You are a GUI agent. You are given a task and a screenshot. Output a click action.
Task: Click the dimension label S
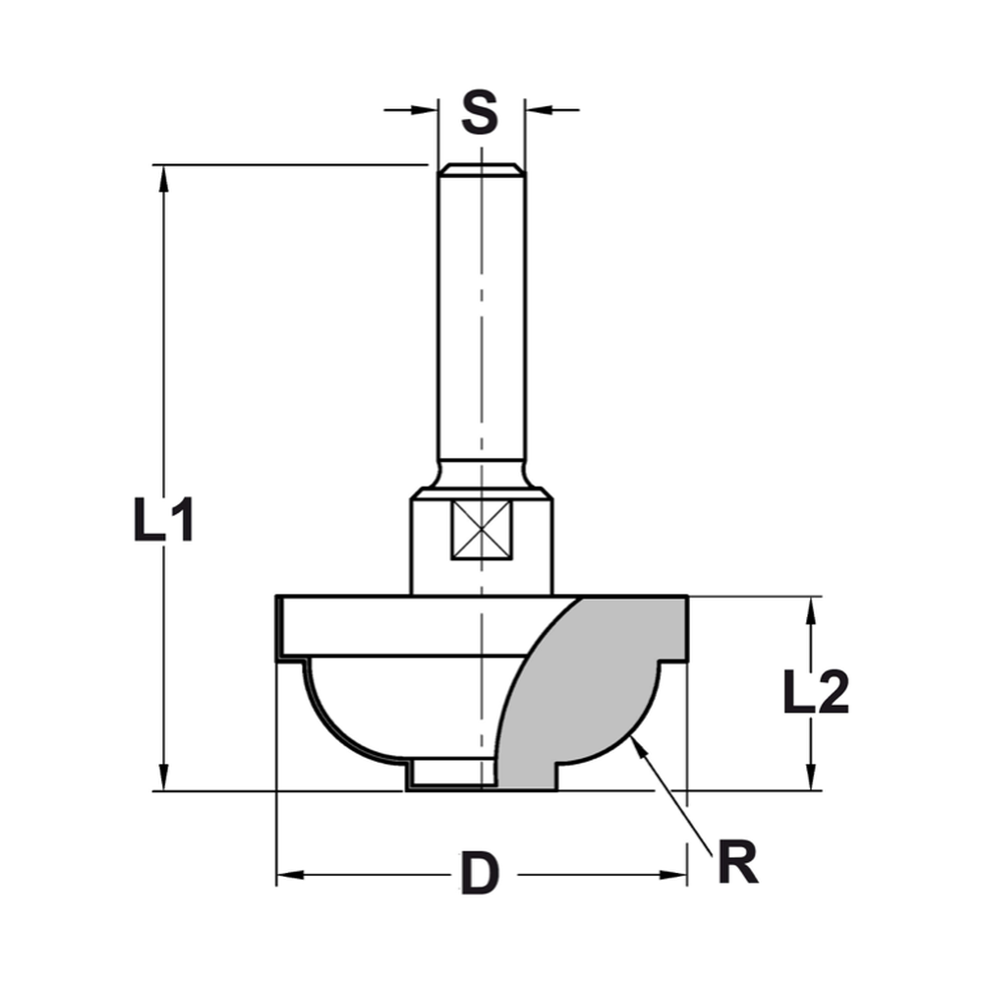(x=479, y=114)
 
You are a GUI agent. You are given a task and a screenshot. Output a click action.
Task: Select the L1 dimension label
(x=163, y=521)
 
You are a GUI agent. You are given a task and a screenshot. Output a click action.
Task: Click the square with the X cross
(x=482, y=530)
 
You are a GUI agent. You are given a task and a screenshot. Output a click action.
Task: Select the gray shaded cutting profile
(x=590, y=688)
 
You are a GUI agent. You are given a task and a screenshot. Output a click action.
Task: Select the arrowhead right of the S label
(x=536, y=109)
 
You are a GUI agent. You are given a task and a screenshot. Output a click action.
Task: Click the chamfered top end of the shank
(x=481, y=170)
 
